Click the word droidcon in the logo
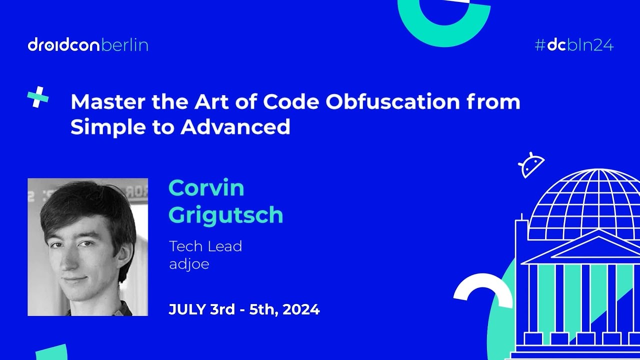coord(64,45)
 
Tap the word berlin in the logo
coord(125,45)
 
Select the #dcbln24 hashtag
coord(574,45)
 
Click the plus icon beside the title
coord(38,97)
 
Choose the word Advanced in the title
coord(235,127)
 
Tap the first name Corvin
coord(206,188)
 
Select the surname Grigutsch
coord(226,215)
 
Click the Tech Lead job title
coord(205,246)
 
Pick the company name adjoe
coord(188,264)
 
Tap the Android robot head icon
coord(531,165)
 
